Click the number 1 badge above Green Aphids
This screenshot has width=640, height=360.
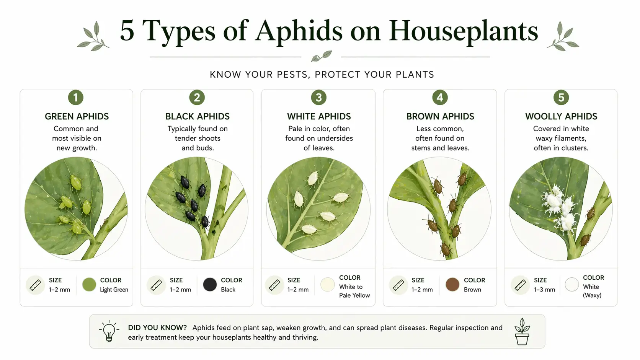pos(76,98)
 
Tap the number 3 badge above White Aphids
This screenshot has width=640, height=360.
pos(318,98)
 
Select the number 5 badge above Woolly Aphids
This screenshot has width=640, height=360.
pos(561,98)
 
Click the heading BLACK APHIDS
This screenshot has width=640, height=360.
pos(197,116)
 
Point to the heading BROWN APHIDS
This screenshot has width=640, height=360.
pos(440,116)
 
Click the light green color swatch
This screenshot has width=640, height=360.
pos(89,285)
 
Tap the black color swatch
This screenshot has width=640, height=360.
pos(210,285)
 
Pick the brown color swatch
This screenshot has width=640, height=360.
pos(452,285)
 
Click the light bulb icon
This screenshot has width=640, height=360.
pos(109,331)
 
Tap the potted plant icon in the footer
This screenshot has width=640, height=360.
pos(522,331)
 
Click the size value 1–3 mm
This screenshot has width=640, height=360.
pos(544,290)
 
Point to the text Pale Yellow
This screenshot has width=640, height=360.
pos(354,295)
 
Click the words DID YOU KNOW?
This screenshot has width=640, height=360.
pos(157,327)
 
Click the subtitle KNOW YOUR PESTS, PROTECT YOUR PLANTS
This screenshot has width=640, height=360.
pos(322,75)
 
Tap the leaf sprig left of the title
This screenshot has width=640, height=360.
pos(93,37)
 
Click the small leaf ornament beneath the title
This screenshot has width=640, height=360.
pos(321,56)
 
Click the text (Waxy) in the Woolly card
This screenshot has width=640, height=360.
pos(592,295)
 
